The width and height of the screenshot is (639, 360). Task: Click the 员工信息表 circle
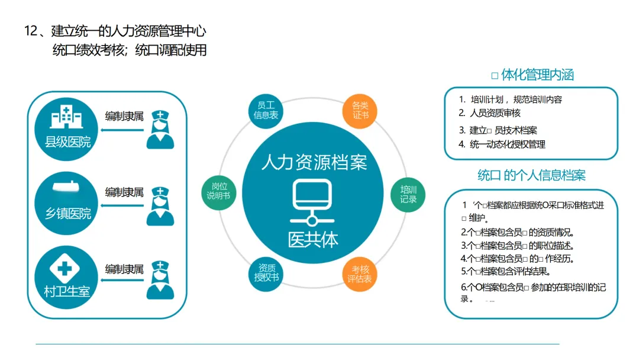[266, 110]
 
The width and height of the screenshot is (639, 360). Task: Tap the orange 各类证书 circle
[360, 110]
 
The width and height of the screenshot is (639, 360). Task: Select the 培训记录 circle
[408, 194]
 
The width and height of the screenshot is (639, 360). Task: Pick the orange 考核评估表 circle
[360, 274]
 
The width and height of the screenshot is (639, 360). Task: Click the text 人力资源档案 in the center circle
[314, 162]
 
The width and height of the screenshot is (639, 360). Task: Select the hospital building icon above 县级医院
[66, 118]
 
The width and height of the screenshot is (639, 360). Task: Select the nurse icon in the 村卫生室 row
[160, 279]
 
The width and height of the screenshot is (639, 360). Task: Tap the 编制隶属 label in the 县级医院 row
[124, 116]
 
